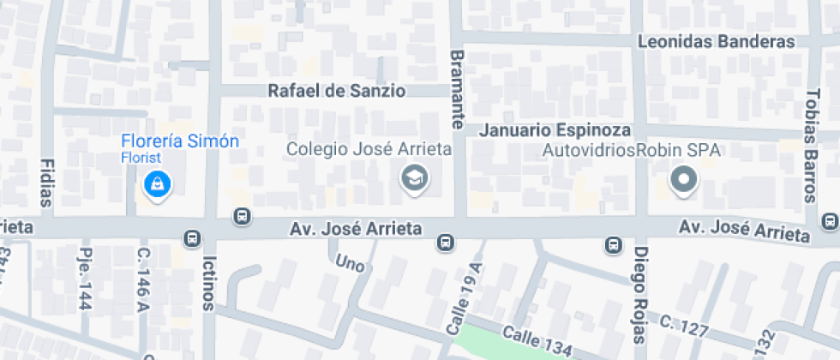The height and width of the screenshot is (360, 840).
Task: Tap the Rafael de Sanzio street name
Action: click(x=336, y=90)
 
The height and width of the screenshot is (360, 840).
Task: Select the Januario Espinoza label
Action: click(x=555, y=130)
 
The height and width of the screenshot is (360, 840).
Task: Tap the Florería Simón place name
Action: click(x=180, y=141)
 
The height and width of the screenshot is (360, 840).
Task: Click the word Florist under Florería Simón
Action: click(x=141, y=158)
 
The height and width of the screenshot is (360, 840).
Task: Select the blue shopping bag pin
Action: click(x=157, y=183)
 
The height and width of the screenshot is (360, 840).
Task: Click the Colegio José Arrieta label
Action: click(x=369, y=149)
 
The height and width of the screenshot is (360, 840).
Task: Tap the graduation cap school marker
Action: click(x=416, y=179)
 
